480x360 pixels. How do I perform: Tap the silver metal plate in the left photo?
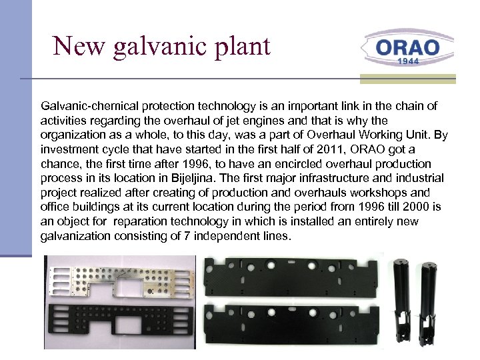120,278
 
